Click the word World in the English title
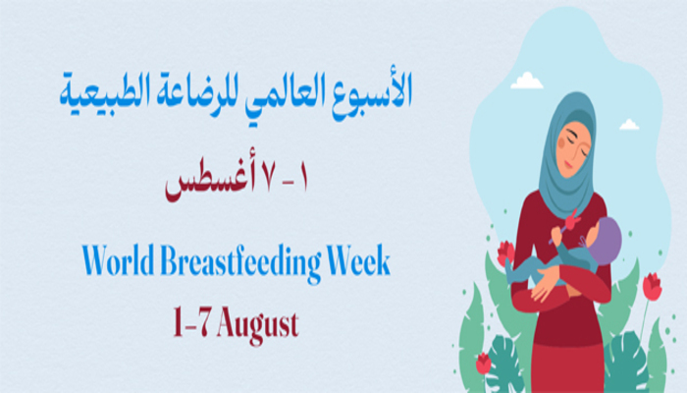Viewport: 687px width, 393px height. click(x=119, y=260)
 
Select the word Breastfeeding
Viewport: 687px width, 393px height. click(x=240, y=263)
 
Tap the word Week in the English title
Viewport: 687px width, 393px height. click(x=359, y=260)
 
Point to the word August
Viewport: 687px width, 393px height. click(x=257, y=326)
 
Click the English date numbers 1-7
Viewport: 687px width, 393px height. click(x=190, y=322)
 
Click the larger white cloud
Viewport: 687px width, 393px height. click(x=527, y=82)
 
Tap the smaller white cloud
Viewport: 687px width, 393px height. click(x=629, y=125)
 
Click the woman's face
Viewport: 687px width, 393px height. click(x=573, y=149)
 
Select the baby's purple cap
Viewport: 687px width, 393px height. click(x=608, y=241)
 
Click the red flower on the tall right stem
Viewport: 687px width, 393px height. click(x=652, y=286)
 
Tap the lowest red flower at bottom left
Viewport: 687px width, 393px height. click(x=483, y=364)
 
